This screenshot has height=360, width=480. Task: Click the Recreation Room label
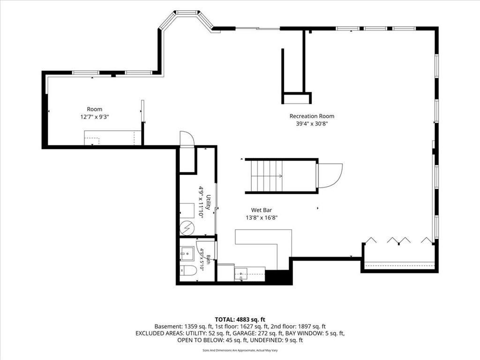coord(312,116)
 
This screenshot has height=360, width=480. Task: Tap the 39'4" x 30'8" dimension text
coord(312,124)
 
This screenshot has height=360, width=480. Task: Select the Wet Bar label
coord(262,210)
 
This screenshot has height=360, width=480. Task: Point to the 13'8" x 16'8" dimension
coord(262,217)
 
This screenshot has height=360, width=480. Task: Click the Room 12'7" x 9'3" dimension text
coord(95,117)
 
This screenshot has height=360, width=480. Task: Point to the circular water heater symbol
coord(187,228)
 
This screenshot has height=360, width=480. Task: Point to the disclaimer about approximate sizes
coord(240,350)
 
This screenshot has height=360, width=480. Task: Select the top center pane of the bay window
coord(187,13)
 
